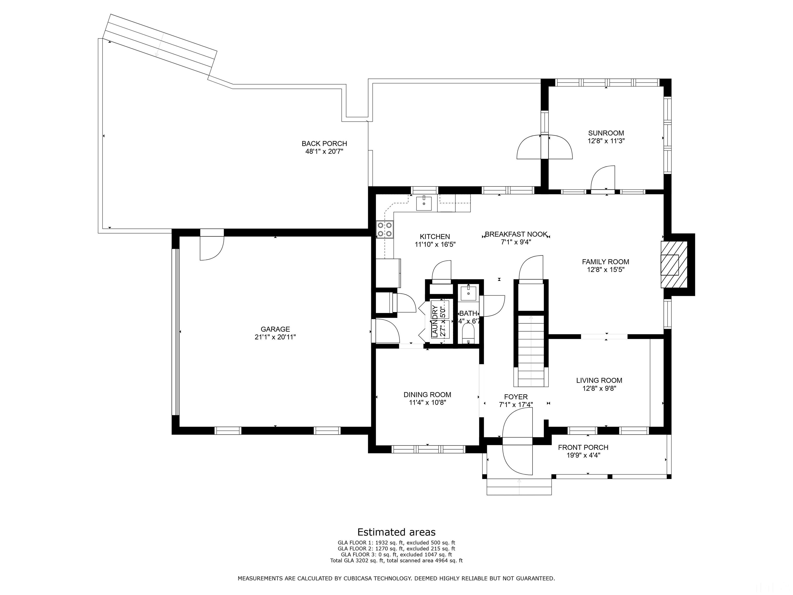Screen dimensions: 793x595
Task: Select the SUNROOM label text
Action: pyautogui.click(x=606, y=133)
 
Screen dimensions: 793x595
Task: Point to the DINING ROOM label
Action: pyautogui.click(x=427, y=395)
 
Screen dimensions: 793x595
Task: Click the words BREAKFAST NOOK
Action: pyautogui.click(x=516, y=234)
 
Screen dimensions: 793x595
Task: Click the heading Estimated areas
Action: pyautogui.click(x=396, y=532)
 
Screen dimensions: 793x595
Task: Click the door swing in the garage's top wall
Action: pyautogui.click(x=212, y=248)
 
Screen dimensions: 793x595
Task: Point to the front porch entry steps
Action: pyautogui.click(x=519, y=487)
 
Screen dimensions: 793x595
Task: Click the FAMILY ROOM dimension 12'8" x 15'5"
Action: pyautogui.click(x=606, y=270)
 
